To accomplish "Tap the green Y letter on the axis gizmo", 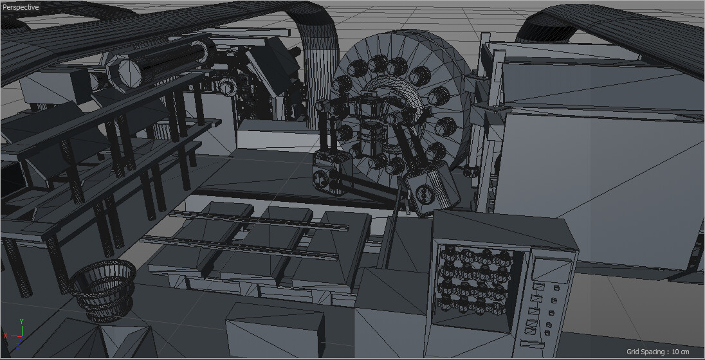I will (x=21, y=321).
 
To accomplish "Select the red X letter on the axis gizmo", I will (x=6, y=336).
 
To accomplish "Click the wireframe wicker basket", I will (x=103, y=289).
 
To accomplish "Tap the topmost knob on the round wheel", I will (x=376, y=62).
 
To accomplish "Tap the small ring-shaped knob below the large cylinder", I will (x=228, y=87).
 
